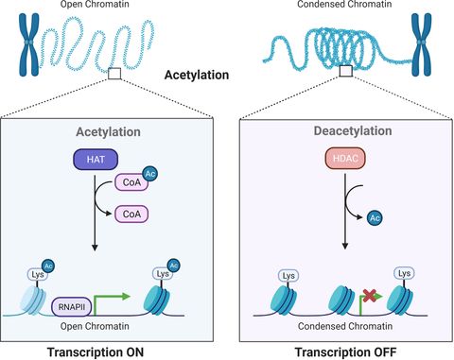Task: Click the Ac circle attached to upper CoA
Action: pyautogui.click(x=151, y=178)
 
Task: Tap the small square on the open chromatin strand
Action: pyautogui.click(x=114, y=71)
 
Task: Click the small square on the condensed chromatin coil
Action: pyautogui.click(x=346, y=71)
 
